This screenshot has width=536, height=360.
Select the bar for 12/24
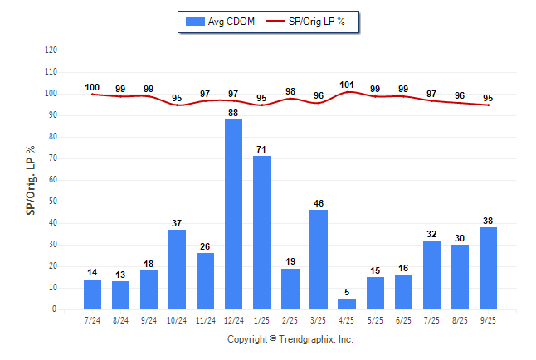pos(234,215)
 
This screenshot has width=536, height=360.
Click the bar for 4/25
pos(347,304)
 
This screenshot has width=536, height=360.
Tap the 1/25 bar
pos(262,233)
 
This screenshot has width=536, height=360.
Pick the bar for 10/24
pos(178,270)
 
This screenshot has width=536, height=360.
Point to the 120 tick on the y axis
pos(51,51)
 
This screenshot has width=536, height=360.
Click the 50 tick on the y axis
pos(53,202)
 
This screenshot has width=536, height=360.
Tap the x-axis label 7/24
pos(92,319)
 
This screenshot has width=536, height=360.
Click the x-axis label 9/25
pos(488,319)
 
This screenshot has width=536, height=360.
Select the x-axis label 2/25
pos(290,319)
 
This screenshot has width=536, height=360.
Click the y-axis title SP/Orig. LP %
pos(31,179)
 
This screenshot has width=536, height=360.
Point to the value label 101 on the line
pos(347,84)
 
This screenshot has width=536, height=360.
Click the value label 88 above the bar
pos(234,114)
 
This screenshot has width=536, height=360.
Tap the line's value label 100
pos(92,87)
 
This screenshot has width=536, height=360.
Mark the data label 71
pos(262,150)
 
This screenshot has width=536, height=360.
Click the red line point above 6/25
pos(403,96)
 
